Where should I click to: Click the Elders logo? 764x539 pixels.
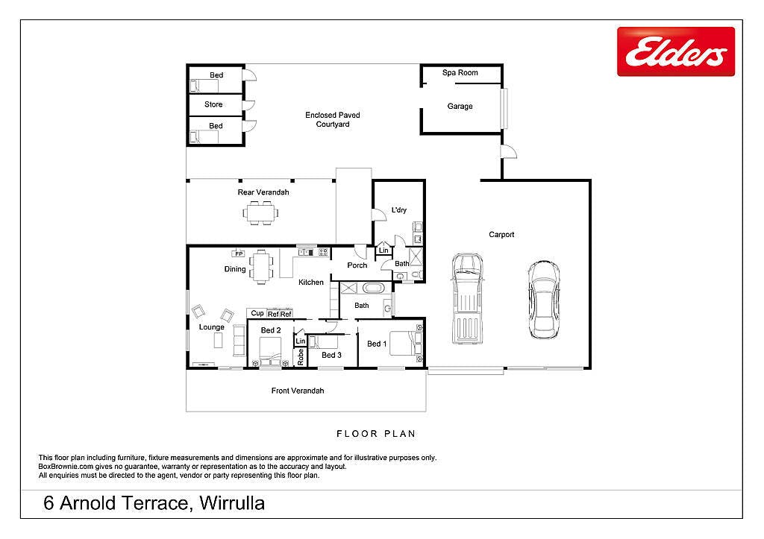tap(676, 51)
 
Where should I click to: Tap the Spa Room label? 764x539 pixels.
tap(460, 72)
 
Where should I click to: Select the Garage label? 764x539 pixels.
tap(460, 106)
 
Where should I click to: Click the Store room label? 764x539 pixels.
tap(213, 104)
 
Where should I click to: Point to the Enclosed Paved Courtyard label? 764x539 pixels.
tap(333, 119)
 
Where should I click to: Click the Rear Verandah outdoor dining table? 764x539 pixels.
tap(261, 213)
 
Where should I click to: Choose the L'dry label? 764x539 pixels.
tap(399, 209)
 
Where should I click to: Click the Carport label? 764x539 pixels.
tap(501, 235)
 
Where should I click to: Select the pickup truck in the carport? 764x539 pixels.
tap(467, 298)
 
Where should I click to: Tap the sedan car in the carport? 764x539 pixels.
tap(544, 300)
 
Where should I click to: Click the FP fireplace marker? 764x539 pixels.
tap(238, 253)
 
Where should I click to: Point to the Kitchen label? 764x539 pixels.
tap(311, 283)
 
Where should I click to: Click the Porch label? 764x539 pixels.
tap(357, 265)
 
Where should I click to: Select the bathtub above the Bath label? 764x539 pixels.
tap(374, 288)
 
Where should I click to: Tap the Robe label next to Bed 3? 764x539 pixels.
tap(300, 357)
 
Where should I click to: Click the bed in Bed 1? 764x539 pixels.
tap(406, 344)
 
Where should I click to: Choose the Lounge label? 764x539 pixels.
tap(211, 327)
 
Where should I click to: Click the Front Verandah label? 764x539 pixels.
tap(298, 391)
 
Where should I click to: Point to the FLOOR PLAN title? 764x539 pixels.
tap(376, 434)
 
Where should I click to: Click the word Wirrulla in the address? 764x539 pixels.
tap(232, 503)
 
